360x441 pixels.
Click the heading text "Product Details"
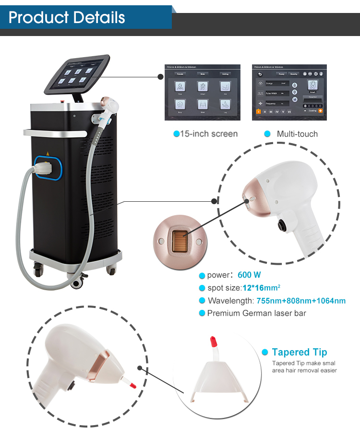[x=67, y=18]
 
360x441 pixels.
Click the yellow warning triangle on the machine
[x=47, y=155]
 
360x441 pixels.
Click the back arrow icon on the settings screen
[x=260, y=74]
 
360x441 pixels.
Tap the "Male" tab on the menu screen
[x=202, y=74]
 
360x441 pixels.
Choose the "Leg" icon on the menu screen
[x=225, y=105]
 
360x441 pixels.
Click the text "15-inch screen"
[x=208, y=134]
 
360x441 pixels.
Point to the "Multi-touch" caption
[x=297, y=134]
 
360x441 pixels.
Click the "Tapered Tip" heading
[x=300, y=353]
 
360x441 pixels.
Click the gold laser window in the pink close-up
[x=179, y=240]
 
